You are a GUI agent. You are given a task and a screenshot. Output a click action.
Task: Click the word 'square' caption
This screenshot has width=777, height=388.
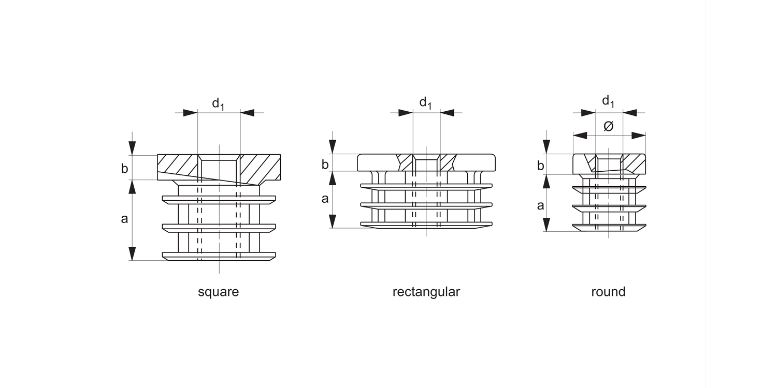click(x=218, y=292)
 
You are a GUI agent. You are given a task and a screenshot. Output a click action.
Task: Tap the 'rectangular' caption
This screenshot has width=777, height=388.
click(x=426, y=292)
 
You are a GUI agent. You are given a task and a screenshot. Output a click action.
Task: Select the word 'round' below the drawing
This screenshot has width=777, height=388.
click(x=608, y=292)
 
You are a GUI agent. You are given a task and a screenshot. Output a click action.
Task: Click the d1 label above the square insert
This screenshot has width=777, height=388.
click(x=218, y=103)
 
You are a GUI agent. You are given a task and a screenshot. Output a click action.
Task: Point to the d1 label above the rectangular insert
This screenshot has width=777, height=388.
click(x=425, y=103)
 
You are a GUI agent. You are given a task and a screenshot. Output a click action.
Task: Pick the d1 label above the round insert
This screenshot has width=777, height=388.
click(x=608, y=101)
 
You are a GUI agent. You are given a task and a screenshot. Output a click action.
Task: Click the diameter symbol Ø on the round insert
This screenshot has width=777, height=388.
click(x=609, y=126)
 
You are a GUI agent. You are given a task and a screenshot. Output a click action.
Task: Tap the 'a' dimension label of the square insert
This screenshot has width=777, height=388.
click(x=124, y=219)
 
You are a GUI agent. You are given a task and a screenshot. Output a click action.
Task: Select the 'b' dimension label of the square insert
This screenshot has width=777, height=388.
click(x=124, y=168)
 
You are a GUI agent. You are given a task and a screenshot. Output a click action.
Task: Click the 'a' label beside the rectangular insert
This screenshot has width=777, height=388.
click(x=325, y=198)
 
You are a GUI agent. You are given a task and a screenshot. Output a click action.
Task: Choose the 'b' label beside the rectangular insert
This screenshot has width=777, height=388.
click(x=325, y=165)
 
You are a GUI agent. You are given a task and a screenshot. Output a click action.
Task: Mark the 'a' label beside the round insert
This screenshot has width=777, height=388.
click(x=541, y=205)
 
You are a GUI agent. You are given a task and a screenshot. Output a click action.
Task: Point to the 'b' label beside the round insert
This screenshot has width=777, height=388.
click(x=541, y=166)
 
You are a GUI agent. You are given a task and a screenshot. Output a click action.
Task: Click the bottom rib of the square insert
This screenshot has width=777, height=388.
click(x=219, y=256)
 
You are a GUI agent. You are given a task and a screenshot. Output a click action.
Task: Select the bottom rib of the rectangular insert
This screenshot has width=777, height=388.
click(x=426, y=225)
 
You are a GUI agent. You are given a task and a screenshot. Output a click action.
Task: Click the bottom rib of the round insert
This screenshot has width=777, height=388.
click(x=609, y=227)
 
